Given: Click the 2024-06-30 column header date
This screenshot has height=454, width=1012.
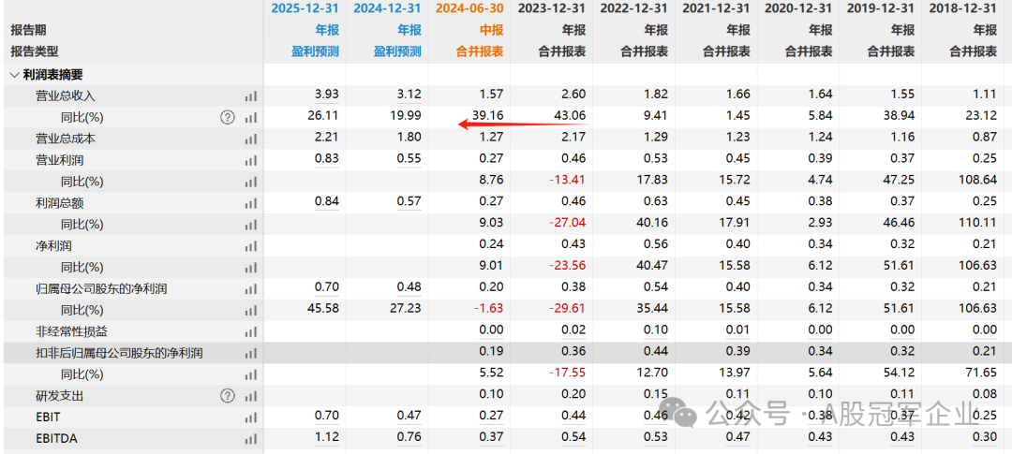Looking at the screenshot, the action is (x=469, y=8).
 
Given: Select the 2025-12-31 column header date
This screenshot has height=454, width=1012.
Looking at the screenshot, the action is (x=305, y=8).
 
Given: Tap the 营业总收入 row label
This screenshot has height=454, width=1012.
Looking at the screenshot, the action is (x=66, y=95).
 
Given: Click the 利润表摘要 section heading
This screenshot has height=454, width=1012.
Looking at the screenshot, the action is (x=52, y=74).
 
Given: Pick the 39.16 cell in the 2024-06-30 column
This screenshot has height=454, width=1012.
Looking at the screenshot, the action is (x=488, y=117).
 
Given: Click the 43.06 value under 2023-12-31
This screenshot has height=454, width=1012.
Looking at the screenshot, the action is (x=571, y=117).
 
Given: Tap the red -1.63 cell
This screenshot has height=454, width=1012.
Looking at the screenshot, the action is (x=488, y=310).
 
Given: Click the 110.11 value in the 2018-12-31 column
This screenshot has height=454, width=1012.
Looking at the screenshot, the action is (x=978, y=225).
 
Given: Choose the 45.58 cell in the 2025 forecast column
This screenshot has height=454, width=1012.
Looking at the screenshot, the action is (x=323, y=310).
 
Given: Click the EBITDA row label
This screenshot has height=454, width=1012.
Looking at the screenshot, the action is (x=56, y=439).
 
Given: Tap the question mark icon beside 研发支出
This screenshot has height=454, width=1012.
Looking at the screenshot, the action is (x=227, y=396).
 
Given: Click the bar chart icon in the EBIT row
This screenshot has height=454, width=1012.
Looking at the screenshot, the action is (x=250, y=417).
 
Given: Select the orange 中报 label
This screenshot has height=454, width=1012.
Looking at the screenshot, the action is (x=492, y=30).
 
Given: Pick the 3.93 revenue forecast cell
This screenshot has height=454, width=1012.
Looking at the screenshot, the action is (x=327, y=95).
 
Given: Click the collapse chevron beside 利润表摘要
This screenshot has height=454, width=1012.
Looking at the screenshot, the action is (x=14, y=75).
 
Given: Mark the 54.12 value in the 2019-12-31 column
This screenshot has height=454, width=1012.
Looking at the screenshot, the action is (x=899, y=374).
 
